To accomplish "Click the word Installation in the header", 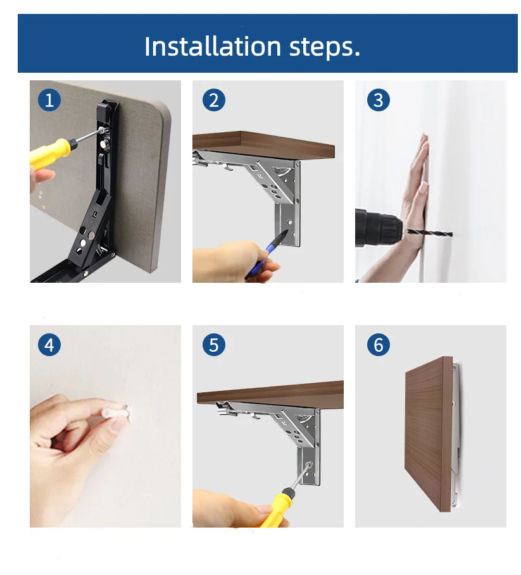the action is (x=213, y=46).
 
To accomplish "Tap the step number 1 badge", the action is (x=49, y=100).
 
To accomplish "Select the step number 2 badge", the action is (x=214, y=100).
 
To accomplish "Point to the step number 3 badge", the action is (x=379, y=100).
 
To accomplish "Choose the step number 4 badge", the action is (x=49, y=345).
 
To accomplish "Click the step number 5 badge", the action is (x=214, y=345).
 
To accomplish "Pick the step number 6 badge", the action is (x=379, y=345).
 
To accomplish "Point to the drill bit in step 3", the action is (x=427, y=232).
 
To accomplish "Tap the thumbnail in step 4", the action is (x=118, y=424).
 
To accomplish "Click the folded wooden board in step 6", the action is (x=429, y=433).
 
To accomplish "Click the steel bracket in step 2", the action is (x=257, y=183).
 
